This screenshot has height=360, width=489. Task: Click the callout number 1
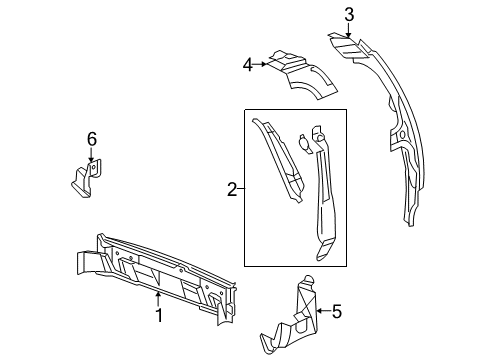pos(157,317)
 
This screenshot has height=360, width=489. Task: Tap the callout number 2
pos(231,187)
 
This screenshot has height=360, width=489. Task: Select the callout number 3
pos(349,14)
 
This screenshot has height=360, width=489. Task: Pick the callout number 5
pos(337,313)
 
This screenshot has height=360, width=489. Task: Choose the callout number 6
pos(91,138)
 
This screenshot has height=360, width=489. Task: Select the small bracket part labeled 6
pos(88,178)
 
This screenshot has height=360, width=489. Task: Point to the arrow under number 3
pos(349,30)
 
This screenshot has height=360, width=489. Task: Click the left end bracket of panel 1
pos(90,262)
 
